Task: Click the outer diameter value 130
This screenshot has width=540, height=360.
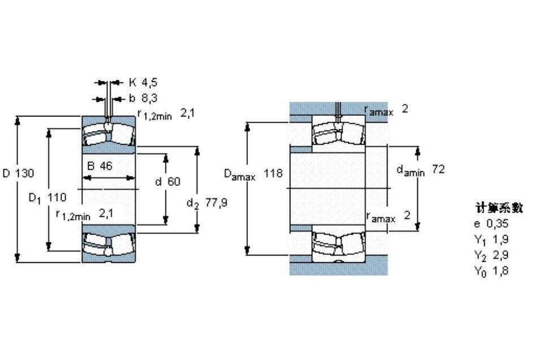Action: pyautogui.click(x=24, y=173)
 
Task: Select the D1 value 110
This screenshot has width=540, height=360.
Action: pyautogui.click(x=56, y=197)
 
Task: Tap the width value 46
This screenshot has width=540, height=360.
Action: pyautogui.click(x=106, y=166)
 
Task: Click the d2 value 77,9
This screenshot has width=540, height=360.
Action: pyautogui.click(x=216, y=202)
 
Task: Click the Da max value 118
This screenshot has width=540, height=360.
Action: pyautogui.click(x=273, y=173)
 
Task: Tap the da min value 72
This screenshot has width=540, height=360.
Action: pyautogui.click(x=438, y=169)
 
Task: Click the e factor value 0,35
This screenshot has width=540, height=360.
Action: pyautogui.click(x=497, y=224)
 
